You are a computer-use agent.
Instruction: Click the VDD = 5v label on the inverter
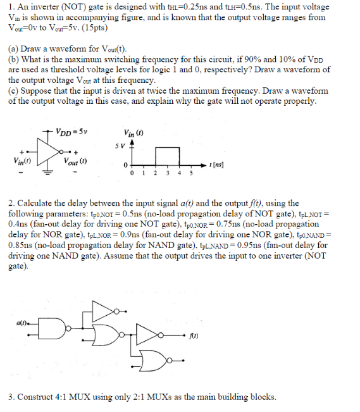(x=72, y=133)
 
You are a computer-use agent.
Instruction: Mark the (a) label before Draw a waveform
(x=13, y=48)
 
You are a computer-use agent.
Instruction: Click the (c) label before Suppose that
(x=13, y=92)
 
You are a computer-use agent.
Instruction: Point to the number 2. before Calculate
(x=11, y=203)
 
